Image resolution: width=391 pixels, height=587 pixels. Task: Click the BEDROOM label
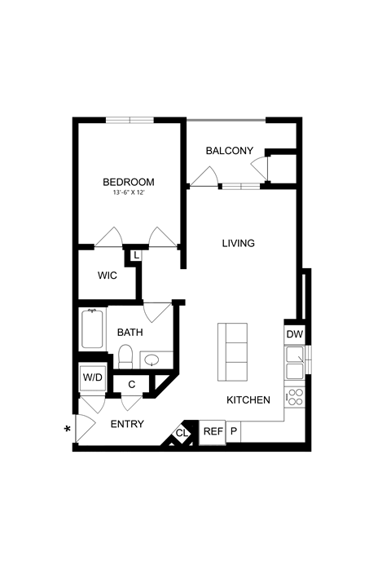pyautogui.click(x=129, y=182)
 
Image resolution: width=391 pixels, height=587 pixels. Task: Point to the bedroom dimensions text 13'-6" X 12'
pyautogui.click(x=129, y=193)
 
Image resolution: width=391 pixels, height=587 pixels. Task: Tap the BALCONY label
pyautogui.click(x=229, y=151)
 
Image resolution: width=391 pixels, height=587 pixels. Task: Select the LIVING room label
pyautogui.click(x=239, y=243)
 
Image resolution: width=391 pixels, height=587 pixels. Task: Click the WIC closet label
pyautogui.click(x=108, y=276)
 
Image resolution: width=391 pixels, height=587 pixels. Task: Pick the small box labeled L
pyautogui.click(x=135, y=255)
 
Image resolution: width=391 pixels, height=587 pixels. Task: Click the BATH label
pyautogui.click(x=130, y=333)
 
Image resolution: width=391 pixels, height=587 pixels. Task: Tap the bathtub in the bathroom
pyautogui.click(x=93, y=329)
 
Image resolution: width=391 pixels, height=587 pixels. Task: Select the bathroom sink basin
pyautogui.click(x=152, y=359)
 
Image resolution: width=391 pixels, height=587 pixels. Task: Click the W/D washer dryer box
pyautogui.click(x=92, y=377)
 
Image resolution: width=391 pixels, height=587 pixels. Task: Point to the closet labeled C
pyautogui.click(x=131, y=383)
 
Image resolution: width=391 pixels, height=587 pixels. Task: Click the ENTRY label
pyautogui.click(x=128, y=424)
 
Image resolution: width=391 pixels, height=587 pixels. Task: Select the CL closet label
pyautogui.click(x=181, y=433)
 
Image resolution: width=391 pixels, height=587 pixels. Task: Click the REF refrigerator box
pyautogui.click(x=213, y=431)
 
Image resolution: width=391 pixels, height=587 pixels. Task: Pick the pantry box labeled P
pyautogui.click(x=233, y=431)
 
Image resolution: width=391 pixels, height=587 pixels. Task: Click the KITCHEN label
pyautogui.click(x=248, y=400)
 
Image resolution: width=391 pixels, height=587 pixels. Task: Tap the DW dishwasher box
pyautogui.click(x=294, y=333)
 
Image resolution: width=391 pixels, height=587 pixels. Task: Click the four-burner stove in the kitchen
pyautogui.click(x=294, y=397)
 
